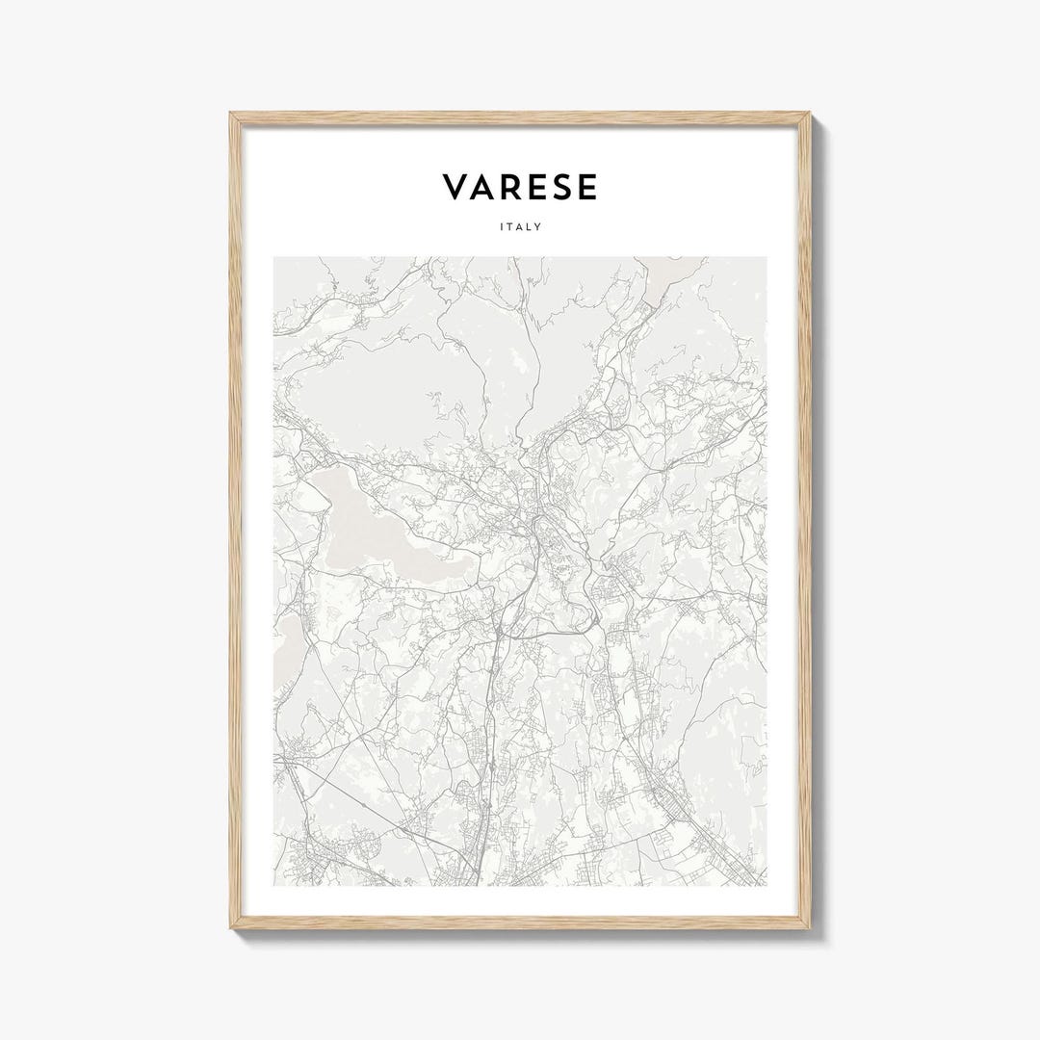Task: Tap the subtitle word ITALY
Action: coord(520,227)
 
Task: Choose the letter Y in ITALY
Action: coord(539,227)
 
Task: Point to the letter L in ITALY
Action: coord(531,227)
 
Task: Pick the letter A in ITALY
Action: coord(520,227)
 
